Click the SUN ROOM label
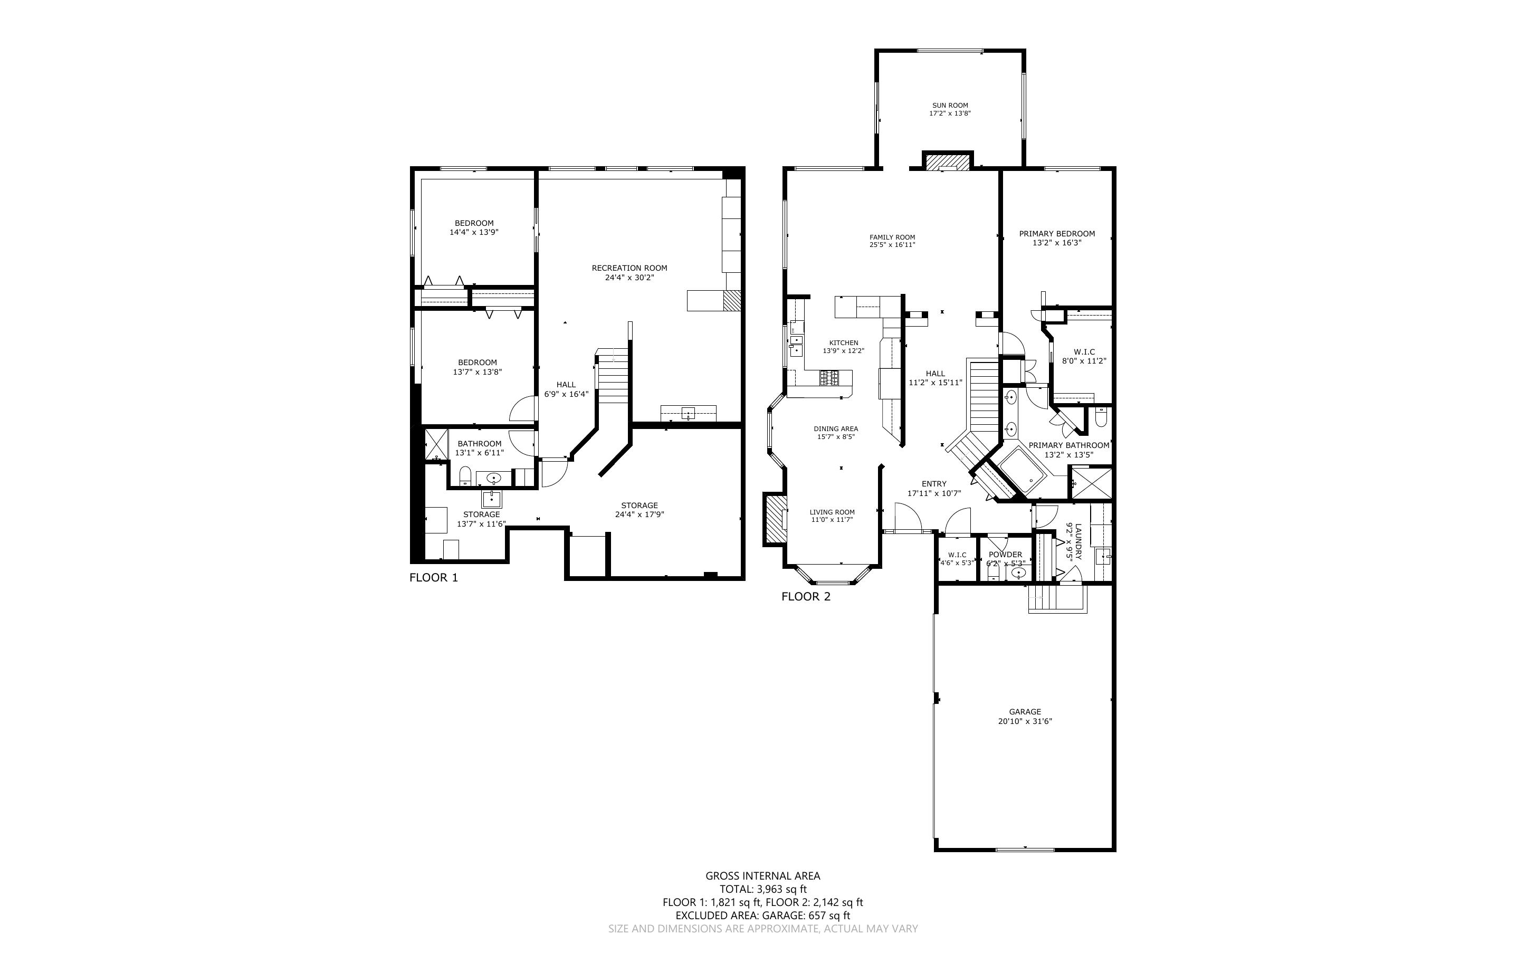point(950,106)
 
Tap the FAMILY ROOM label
point(892,237)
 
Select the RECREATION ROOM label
point(629,268)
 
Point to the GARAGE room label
point(1024,712)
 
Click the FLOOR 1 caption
point(433,577)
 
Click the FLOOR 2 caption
point(806,596)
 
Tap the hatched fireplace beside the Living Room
point(775,519)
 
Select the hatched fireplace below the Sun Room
point(947,161)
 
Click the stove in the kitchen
point(829,378)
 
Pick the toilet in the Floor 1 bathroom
point(465,476)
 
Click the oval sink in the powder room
point(1018,573)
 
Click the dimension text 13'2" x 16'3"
point(1057,242)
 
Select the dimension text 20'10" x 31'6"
point(1024,721)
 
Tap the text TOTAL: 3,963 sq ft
point(763,889)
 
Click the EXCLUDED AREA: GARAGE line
point(762,915)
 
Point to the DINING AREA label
point(836,429)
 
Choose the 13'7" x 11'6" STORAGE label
point(481,519)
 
